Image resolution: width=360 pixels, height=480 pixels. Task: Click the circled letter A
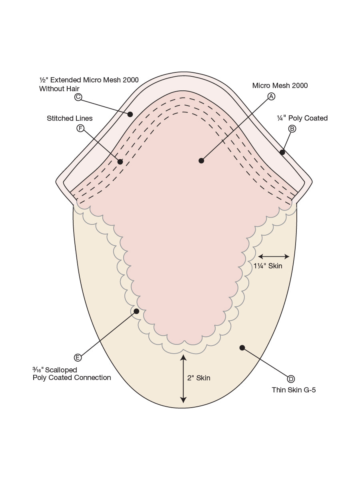271,96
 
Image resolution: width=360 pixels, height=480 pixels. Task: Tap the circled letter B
292,129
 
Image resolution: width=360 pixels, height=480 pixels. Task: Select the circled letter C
78,97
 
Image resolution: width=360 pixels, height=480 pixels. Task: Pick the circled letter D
291,379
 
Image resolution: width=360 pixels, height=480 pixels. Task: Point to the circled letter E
78,358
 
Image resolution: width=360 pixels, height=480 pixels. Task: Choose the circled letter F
80,128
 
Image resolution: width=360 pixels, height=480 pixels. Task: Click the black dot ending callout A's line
201,161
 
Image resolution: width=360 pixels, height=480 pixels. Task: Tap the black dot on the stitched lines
120,162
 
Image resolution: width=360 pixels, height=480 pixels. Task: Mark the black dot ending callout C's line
130,114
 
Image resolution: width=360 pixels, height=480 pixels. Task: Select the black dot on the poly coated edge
282,152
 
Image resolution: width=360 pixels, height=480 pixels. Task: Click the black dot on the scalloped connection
136,311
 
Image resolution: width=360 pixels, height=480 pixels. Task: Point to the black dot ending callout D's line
242,348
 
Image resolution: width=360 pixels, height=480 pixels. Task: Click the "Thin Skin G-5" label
294,390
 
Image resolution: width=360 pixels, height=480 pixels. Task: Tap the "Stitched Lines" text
70,118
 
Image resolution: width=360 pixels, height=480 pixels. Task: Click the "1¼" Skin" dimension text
268,266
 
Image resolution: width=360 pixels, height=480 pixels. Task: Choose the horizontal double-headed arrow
274,256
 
